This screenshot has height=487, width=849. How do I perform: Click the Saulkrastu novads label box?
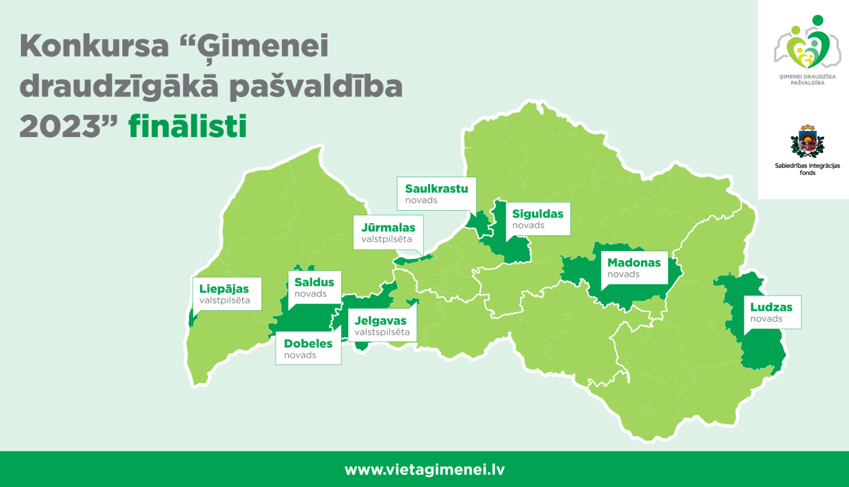click(436, 194)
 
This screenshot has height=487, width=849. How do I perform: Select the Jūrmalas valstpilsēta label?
click(388, 232)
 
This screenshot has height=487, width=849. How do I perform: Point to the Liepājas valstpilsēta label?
click(226, 293)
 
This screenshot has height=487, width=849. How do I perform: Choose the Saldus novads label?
click(314, 287)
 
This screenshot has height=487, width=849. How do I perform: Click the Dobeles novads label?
click(308, 348)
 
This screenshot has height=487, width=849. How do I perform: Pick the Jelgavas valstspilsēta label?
click(382, 325)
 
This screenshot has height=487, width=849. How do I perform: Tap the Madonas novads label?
click(634, 267)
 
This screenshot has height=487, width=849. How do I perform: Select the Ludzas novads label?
click(771, 312)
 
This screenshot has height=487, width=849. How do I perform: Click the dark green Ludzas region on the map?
click(761, 351)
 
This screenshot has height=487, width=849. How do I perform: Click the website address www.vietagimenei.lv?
click(424, 469)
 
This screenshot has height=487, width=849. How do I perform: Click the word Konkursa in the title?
click(95, 46)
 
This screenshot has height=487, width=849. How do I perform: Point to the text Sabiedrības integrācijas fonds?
click(807, 169)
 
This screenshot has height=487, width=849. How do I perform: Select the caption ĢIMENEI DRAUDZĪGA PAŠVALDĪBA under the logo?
click(807, 80)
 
